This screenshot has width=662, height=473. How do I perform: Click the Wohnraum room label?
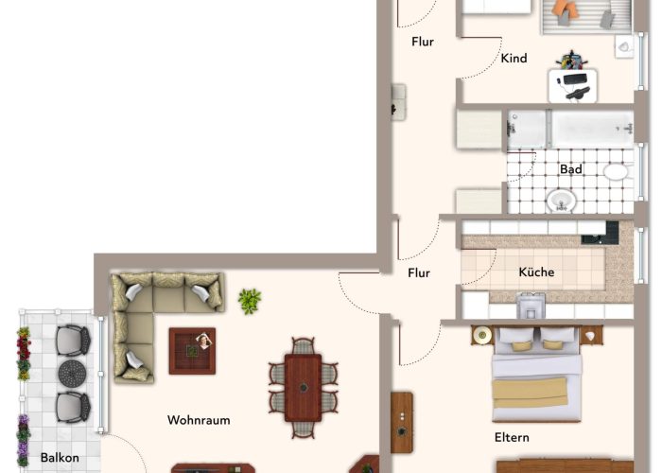(x=199, y=420)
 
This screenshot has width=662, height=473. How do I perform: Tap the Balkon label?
(x=60, y=458)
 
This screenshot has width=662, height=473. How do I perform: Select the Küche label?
(x=536, y=272)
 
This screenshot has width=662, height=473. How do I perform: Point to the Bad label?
(x=571, y=169)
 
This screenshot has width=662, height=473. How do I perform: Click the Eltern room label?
(x=512, y=437)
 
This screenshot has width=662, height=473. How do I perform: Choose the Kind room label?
(x=514, y=58)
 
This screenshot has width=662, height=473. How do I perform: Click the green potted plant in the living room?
(x=250, y=301)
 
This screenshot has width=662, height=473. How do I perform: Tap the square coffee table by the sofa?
(x=192, y=351)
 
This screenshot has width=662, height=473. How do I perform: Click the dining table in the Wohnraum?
(x=304, y=388)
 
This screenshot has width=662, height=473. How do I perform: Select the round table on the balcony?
(x=72, y=374)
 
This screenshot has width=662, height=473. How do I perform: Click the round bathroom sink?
(x=561, y=201)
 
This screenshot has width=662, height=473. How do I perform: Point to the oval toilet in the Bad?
(x=616, y=172)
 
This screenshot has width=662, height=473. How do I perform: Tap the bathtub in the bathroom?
(x=592, y=129)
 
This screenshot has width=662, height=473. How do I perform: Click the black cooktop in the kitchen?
(x=600, y=233)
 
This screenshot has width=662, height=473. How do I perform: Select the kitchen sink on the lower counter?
(x=531, y=306)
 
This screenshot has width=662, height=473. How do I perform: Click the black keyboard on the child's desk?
(x=575, y=79)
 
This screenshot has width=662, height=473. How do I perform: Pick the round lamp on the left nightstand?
(x=481, y=335)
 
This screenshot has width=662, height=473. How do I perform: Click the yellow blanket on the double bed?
(x=530, y=394)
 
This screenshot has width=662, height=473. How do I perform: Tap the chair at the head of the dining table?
(x=304, y=346)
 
